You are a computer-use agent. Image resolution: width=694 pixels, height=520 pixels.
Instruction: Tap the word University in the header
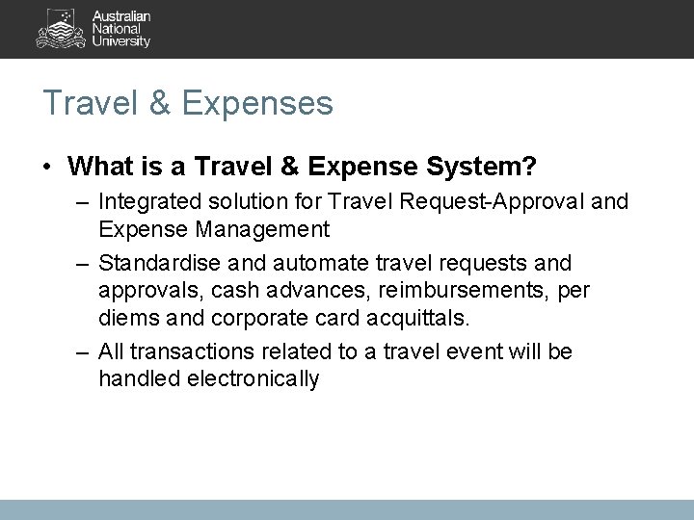tap(120, 41)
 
